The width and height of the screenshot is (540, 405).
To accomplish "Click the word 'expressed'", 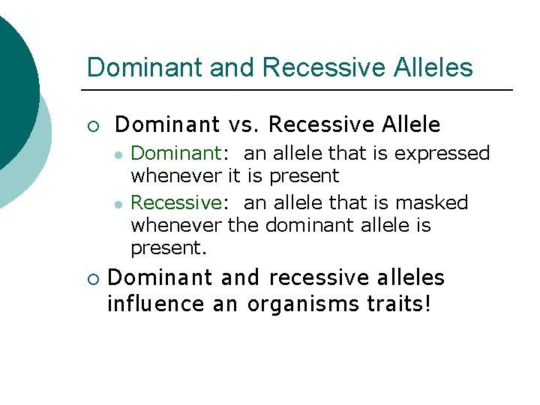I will pyautogui.click(x=442, y=154).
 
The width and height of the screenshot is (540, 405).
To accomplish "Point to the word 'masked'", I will pyautogui.click(x=434, y=202).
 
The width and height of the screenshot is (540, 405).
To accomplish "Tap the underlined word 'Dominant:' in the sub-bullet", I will pyautogui.click(x=176, y=154).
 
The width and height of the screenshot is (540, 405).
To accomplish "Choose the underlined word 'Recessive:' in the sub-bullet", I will pyautogui.click(x=176, y=202).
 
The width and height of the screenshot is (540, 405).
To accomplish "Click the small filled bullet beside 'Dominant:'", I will pyautogui.click(x=118, y=154).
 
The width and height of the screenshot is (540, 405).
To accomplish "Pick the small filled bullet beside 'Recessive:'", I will pyautogui.click(x=118, y=203).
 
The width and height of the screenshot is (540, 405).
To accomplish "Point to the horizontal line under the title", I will pyautogui.click(x=300, y=91).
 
